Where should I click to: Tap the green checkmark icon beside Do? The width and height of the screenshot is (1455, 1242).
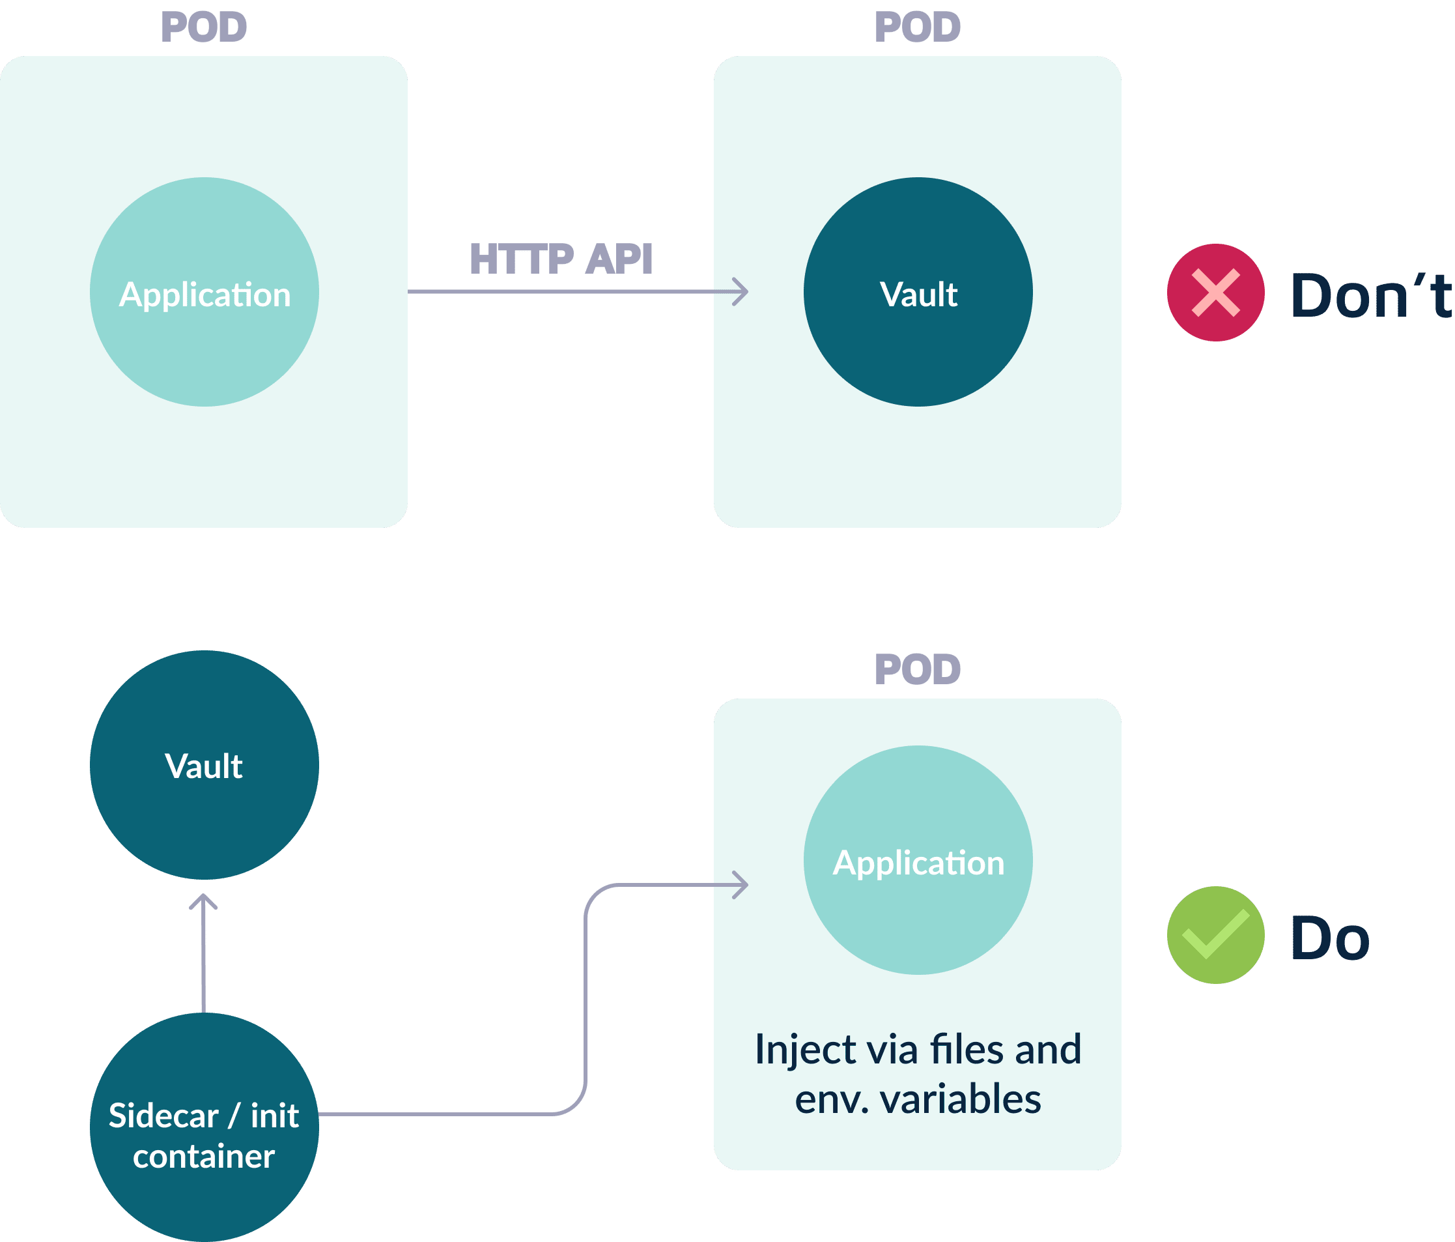click(x=1215, y=935)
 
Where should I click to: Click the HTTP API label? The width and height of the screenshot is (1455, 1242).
click(x=561, y=259)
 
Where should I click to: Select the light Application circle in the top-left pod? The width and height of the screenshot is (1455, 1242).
click(x=205, y=291)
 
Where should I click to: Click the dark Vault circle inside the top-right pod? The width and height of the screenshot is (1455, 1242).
click(x=918, y=291)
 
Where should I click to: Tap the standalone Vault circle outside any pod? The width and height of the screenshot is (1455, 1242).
click(x=205, y=765)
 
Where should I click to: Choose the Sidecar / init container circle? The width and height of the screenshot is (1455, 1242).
click(x=205, y=1127)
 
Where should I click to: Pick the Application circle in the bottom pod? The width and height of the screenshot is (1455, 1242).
click(x=918, y=860)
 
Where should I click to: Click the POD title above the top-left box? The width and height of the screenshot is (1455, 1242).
click(x=205, y=27)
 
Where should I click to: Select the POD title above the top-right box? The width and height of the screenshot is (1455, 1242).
click(x=918, y=27)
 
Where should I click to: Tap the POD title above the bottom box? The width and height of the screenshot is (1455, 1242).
click(x=918, y=669)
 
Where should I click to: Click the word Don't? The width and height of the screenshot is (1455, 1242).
click(x=1372, y=295)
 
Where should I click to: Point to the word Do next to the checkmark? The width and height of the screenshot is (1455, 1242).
click(x=1330, y=938)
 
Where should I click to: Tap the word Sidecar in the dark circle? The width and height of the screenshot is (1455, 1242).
click(x=163, y=1116)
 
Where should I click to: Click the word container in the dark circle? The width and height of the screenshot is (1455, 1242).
click(x=204, y=1156)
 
